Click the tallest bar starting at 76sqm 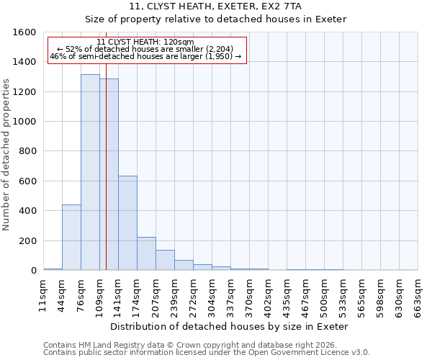pos(90,173)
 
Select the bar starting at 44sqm pos(71,238)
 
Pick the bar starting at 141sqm pos(127,223)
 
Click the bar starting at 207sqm pos(165,260)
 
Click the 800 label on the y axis pos(27,151)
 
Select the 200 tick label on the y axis pos(27,240)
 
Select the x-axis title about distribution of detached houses pos(230,326)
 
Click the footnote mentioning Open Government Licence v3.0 pos(206,352)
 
